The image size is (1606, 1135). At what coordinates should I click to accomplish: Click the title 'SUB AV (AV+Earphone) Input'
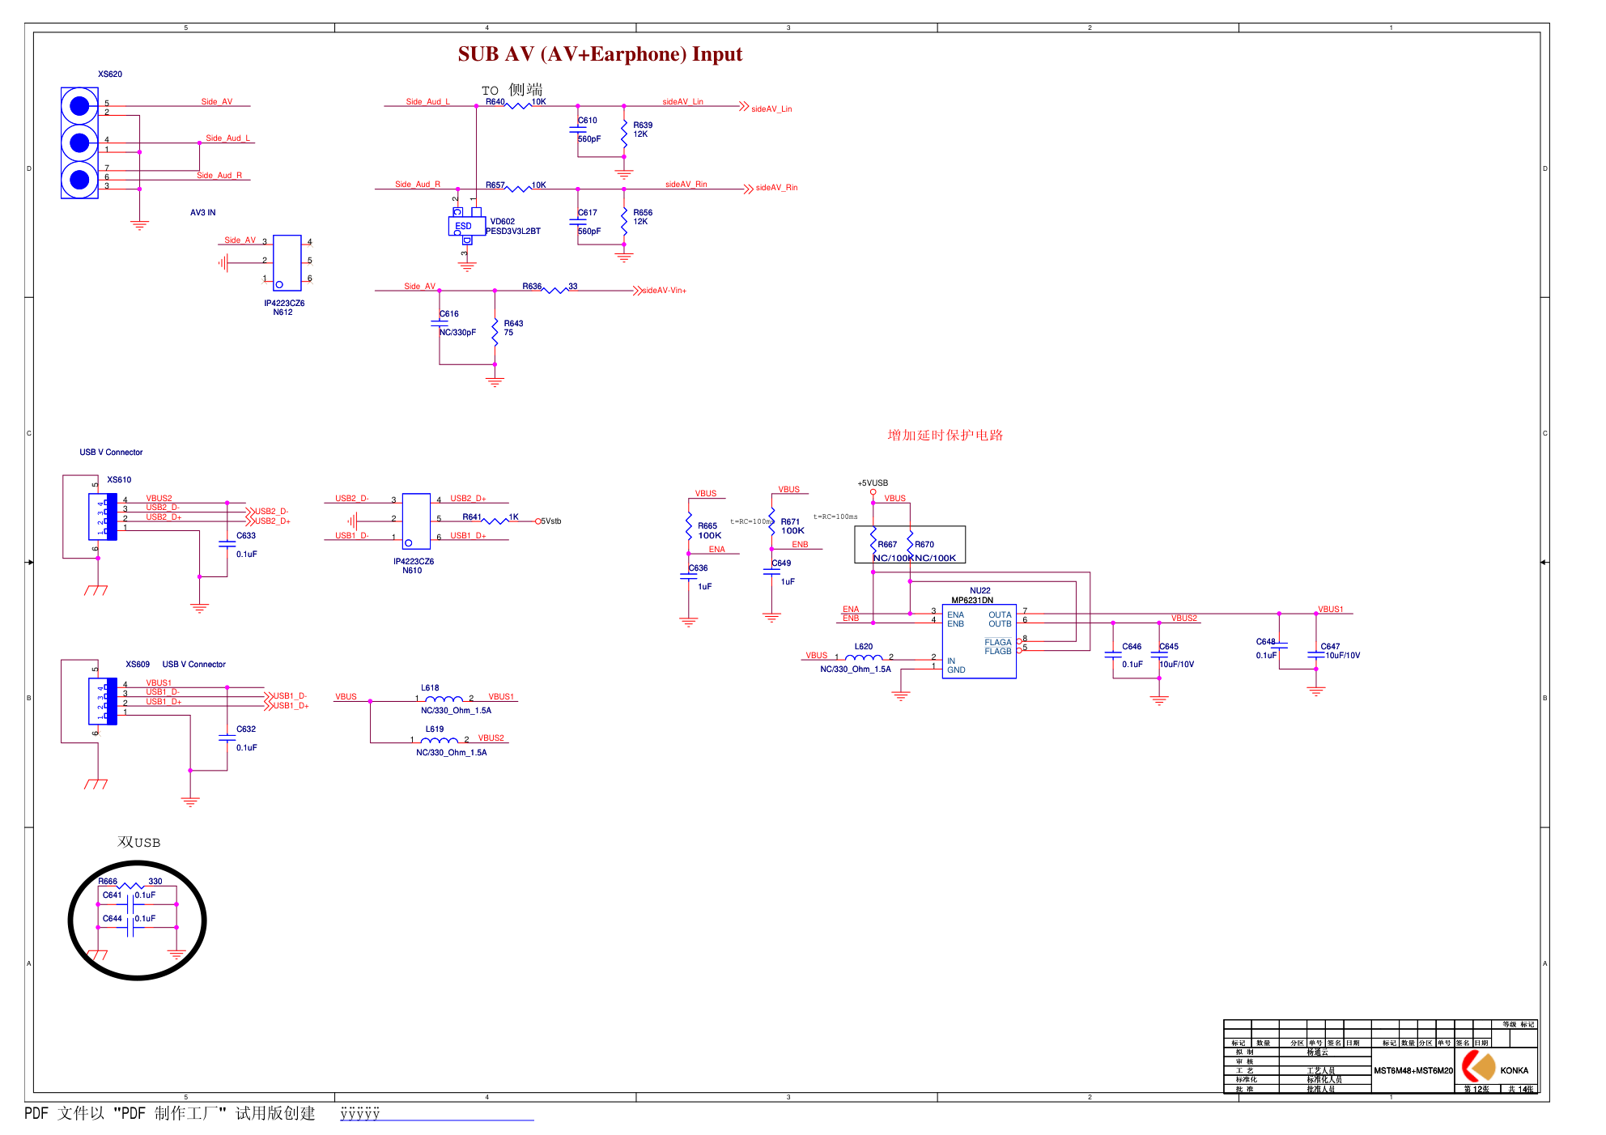point(600,54)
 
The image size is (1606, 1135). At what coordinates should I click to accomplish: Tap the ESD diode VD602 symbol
point(466,226)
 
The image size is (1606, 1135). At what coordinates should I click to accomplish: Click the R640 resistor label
point(495,102)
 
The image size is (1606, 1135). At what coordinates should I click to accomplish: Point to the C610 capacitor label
point(588,121)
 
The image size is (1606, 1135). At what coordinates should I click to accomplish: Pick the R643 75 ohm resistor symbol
point(495,332)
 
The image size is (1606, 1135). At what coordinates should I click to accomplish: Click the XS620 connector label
point(110,74)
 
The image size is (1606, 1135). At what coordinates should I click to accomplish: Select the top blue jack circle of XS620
point(79,106)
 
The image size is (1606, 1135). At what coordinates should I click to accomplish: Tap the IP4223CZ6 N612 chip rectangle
point(287,262)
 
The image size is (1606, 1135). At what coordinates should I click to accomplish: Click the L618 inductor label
point(430,688)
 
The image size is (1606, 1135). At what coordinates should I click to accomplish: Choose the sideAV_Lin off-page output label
point(771,109)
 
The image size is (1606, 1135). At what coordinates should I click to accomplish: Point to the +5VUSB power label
point(873,483)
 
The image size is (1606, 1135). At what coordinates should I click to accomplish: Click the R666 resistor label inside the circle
point(108,882)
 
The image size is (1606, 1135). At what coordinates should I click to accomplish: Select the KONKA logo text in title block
point(1514,1070)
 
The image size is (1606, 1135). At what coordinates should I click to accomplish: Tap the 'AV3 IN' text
point(203,213)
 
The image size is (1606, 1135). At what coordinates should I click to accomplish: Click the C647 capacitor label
point(1330,647)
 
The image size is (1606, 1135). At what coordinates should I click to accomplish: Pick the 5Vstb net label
point(551,521)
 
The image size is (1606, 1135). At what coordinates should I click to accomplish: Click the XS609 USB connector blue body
point(103,701)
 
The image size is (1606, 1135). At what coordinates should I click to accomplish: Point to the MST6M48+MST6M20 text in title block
point(1413,1071)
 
